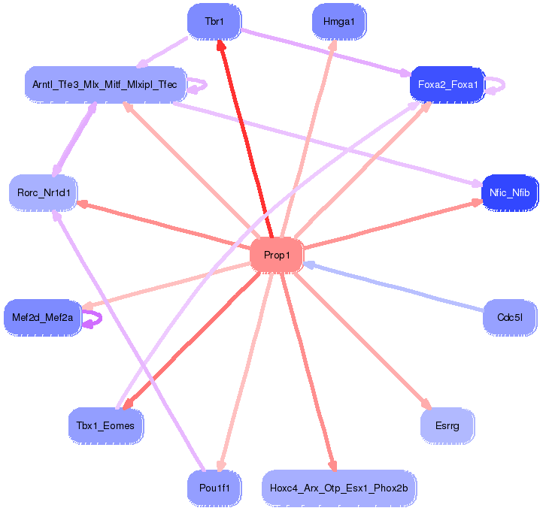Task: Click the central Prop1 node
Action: [x=277, y=255]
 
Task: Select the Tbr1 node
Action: [x=214, y=22]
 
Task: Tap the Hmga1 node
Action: [x=338, y=22]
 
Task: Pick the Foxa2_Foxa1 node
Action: [x=447, y=84]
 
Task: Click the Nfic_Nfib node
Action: [x=509, y=193]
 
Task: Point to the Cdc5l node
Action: [x=509, y=317]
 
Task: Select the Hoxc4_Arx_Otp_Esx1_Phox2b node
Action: [x=338, y=488]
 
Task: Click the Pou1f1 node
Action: [x=214, y=488]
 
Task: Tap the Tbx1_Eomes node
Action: [x=105, y=426]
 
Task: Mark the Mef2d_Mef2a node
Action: [x=43, y=318]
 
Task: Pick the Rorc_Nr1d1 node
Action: [x=44, y=193]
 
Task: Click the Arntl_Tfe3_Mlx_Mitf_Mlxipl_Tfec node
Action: [x=105, y=84]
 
